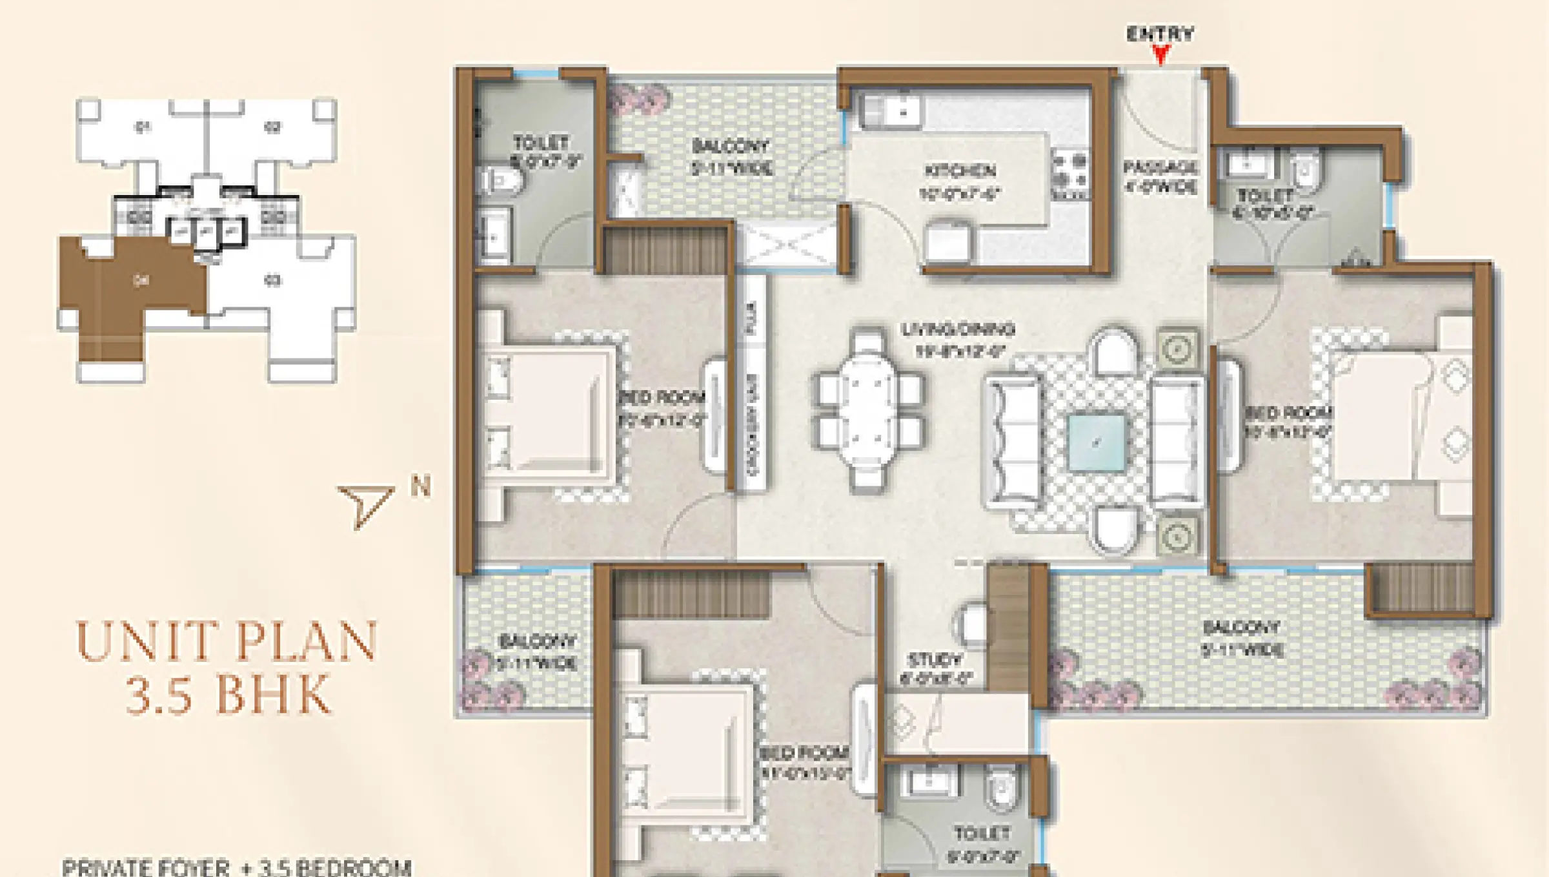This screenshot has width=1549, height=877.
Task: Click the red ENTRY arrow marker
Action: (1160, 55)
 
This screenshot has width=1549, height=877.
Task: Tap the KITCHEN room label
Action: (960, 171)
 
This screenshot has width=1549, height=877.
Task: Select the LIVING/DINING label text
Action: (958, 330)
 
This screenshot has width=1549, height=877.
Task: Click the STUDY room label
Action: (935, 660)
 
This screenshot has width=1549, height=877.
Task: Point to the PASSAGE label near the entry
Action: (1160, 168)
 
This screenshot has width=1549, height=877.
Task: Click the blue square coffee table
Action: (1096, 443)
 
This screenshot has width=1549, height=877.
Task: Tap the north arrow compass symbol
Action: (366, 504)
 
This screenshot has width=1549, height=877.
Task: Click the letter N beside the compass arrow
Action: (420, 486)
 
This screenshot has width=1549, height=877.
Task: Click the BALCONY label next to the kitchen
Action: (731, 146)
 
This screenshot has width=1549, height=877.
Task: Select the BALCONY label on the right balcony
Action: (1240, 627)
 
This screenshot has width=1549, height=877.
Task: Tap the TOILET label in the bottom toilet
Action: (982, 834)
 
